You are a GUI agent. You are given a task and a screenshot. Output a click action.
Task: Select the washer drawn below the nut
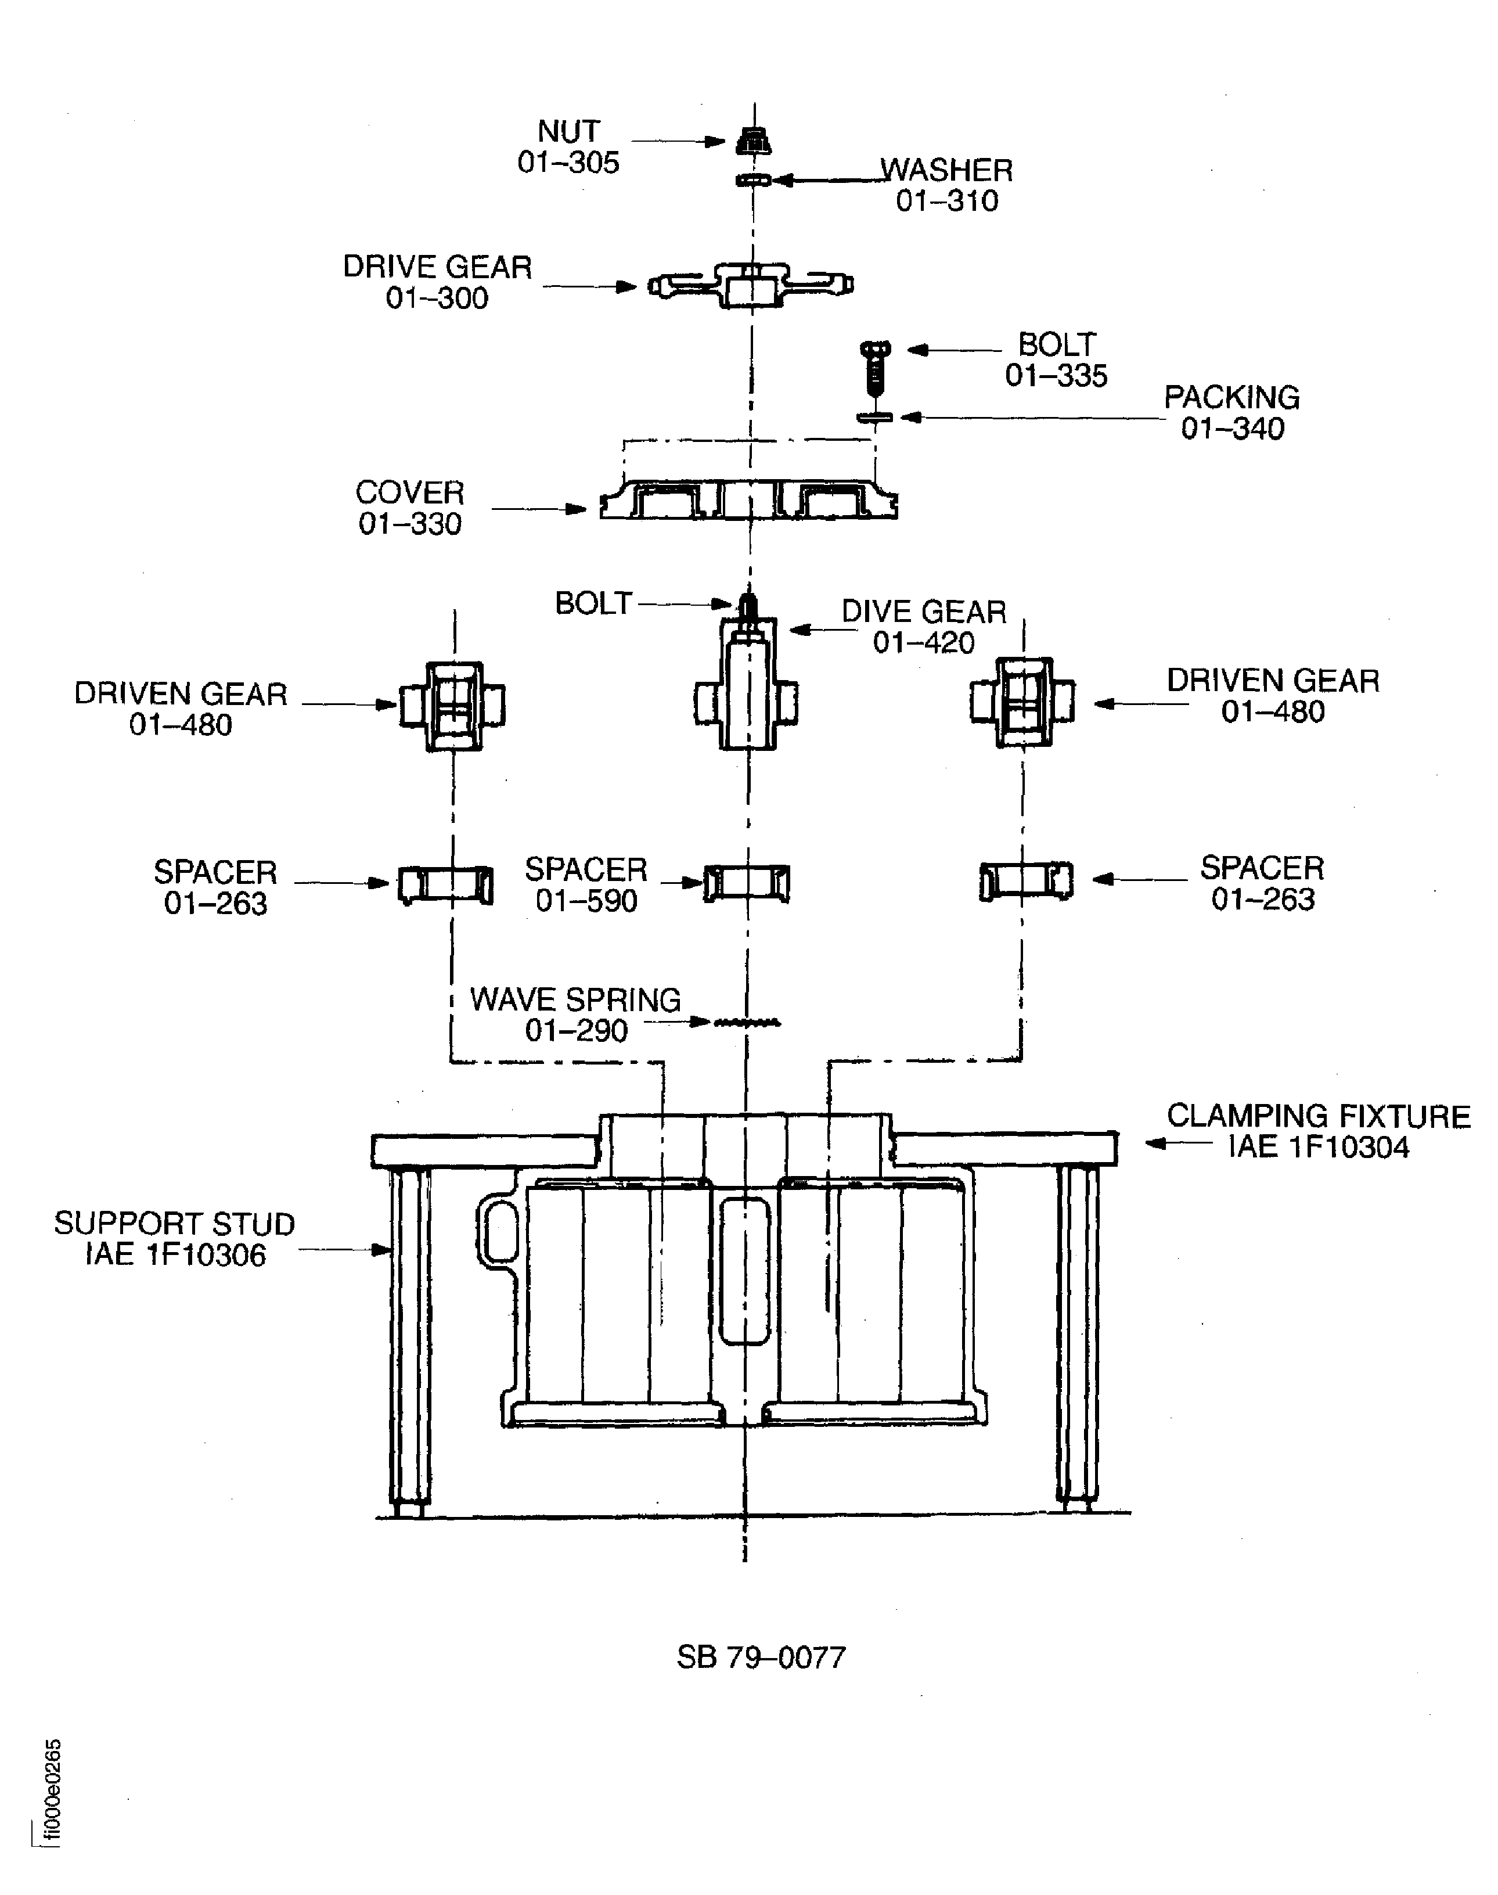752,180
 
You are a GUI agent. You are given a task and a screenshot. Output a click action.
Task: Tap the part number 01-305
568,162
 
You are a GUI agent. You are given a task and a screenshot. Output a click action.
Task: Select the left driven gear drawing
452,706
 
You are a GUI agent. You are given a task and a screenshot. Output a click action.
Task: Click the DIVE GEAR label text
924,612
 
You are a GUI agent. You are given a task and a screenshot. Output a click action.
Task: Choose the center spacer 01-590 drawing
747,883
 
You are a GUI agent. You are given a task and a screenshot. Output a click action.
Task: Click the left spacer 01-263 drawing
445,884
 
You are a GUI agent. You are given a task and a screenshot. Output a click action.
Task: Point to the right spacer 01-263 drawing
1026,881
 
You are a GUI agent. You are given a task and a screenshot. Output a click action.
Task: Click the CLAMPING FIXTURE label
1318,1116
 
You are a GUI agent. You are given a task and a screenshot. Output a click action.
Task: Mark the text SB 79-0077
761,1657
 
